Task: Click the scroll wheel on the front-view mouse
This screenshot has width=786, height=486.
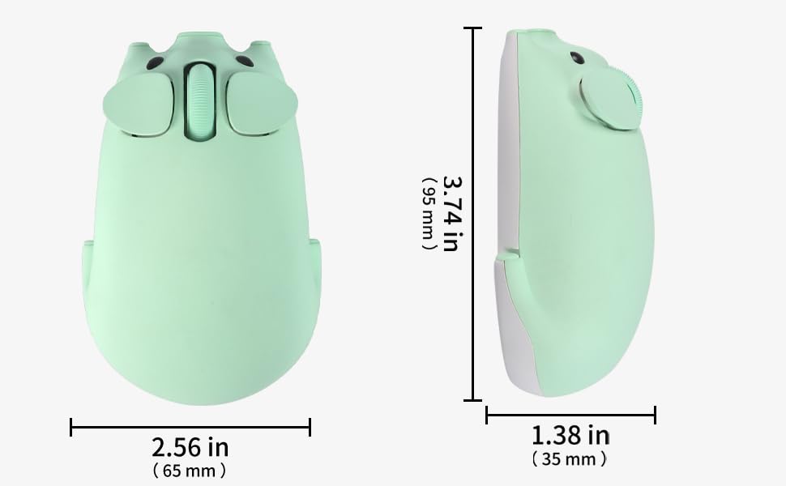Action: (200, 100)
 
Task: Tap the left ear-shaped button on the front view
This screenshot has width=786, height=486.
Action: (139, 104)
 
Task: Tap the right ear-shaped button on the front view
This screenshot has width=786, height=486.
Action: (263, 103)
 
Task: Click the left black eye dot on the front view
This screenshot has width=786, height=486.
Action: (155, 63)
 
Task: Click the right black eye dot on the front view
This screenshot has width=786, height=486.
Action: (244, 62)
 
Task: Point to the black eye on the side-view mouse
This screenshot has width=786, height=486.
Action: (577, 58)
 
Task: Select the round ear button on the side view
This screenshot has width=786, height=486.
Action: (610, 99)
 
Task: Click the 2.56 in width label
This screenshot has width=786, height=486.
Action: (190, 447)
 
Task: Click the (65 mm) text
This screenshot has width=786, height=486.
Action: (190, 471)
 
